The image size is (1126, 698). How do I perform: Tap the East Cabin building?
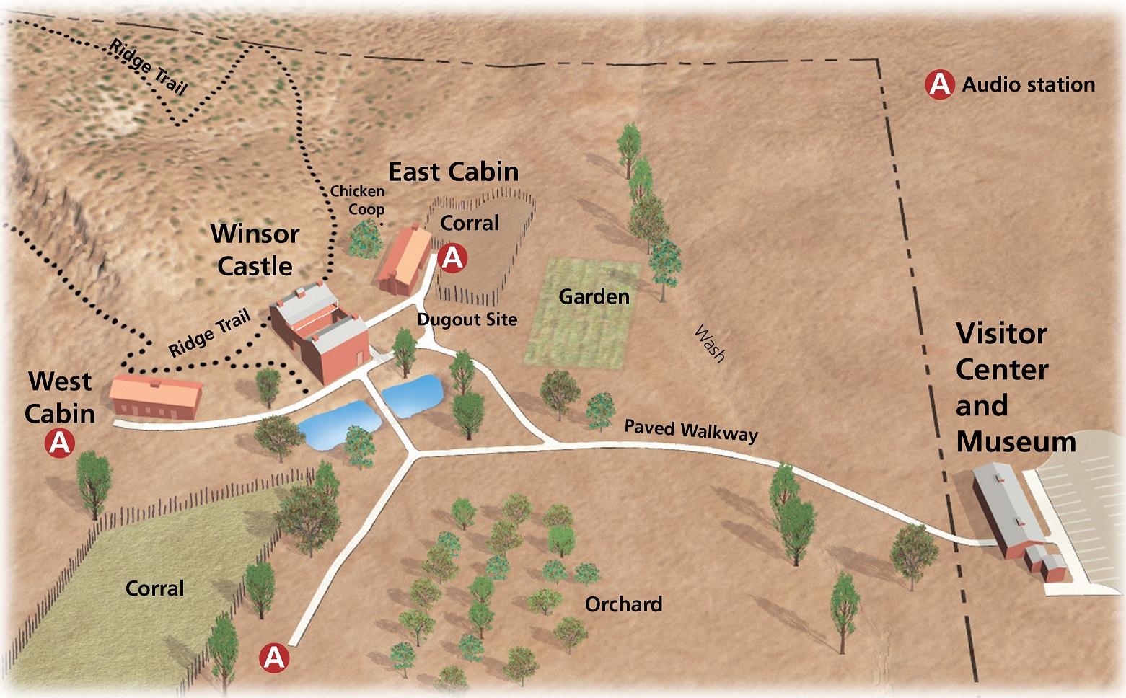405,260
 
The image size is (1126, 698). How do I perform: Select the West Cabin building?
157,397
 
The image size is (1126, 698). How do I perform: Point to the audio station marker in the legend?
940,85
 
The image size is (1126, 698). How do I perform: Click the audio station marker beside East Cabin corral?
452,257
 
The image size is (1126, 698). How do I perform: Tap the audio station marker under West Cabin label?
60,443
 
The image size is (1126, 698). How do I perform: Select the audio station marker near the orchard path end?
274,658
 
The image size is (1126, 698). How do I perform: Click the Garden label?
594,296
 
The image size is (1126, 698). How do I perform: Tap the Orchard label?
623,604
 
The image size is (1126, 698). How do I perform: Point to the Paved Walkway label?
690,430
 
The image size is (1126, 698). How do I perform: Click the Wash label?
709,343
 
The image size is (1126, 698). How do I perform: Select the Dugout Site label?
467,319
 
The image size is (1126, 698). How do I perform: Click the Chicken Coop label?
359,200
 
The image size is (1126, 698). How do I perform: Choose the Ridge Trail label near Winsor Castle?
209,333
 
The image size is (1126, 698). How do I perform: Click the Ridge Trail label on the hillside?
149,68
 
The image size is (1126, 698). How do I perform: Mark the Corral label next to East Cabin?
470,223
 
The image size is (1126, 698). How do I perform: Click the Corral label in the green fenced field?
154,588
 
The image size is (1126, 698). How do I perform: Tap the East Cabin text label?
453,172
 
